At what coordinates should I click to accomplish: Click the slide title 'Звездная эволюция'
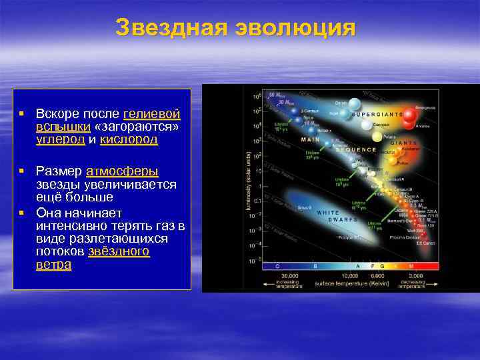(236, 28)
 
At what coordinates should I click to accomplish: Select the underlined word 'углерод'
(60, 139)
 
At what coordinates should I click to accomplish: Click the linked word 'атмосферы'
(122, 171)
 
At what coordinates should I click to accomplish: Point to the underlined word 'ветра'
(53, 265)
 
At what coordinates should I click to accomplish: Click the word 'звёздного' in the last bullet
(119, 251)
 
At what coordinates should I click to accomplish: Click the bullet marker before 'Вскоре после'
(22, 114)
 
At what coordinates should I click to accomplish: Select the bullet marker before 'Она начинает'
(22, 212)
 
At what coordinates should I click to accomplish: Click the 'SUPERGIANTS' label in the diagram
(377, 114)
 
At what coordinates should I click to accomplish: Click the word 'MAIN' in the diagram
(310, 140)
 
